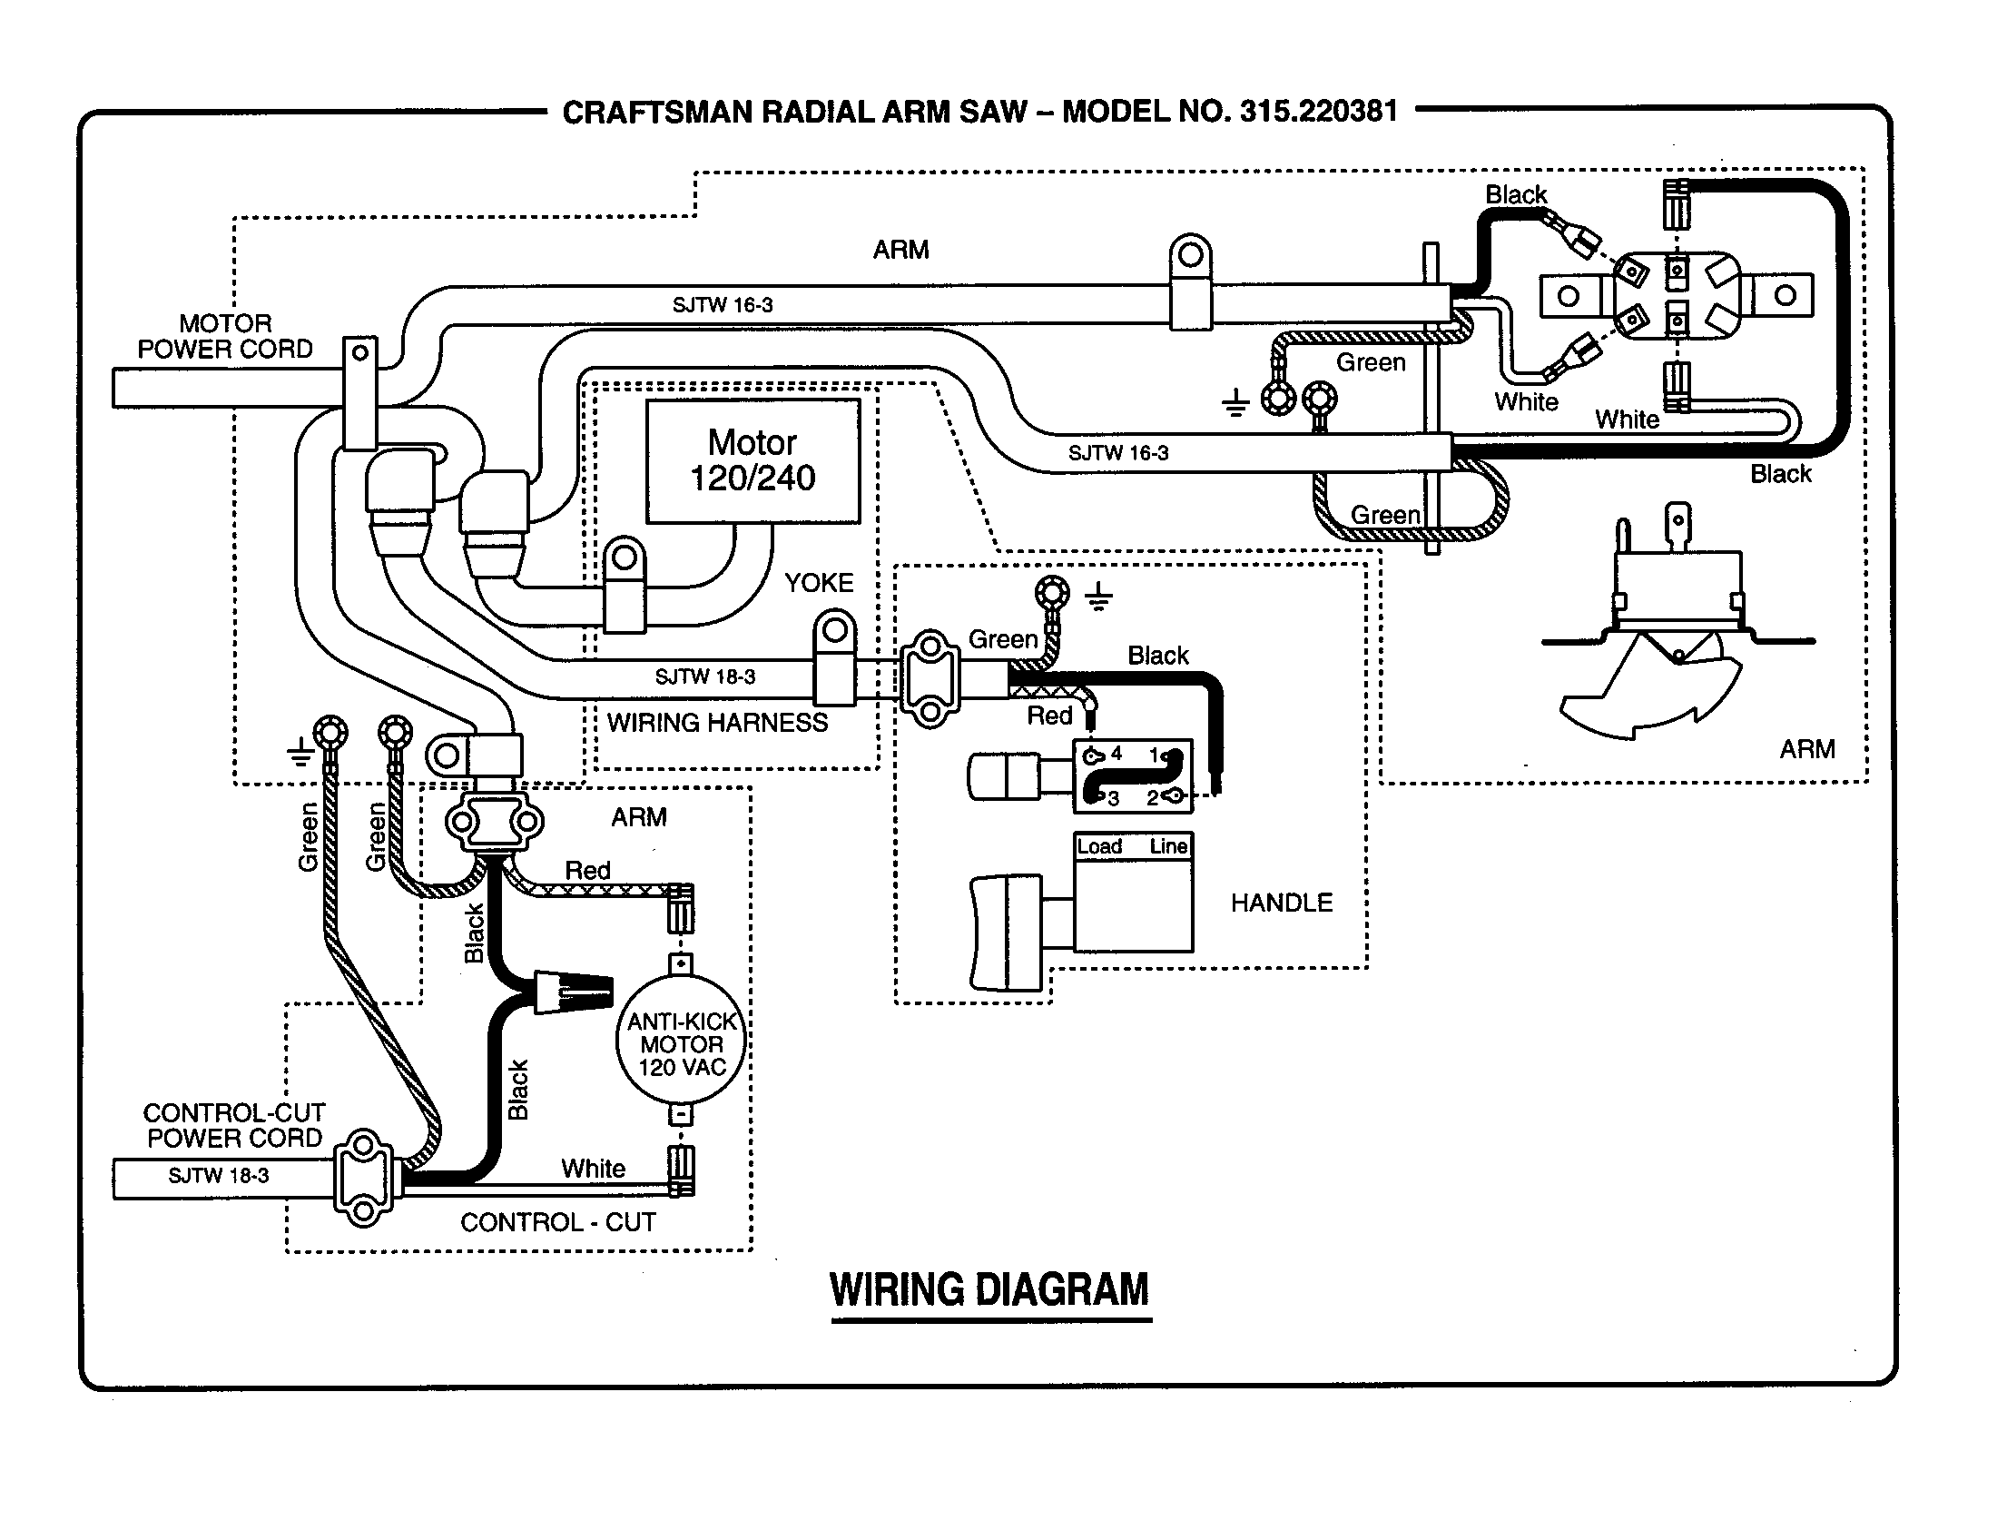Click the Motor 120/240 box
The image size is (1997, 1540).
click(753, 460)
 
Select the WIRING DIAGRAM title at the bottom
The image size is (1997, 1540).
click(989, 1289)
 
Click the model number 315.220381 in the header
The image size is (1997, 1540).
click(1318, 112)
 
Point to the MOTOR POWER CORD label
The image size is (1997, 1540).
click(225, 337)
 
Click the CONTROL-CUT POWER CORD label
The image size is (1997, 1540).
click(234, 1125)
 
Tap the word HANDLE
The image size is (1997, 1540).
click(1281, 903)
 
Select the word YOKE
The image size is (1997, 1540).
click(819, 583)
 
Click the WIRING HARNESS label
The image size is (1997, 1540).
click(717, 723)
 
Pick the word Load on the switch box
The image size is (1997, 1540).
click(1099, 847)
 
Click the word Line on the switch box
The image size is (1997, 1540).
click(1167, 847)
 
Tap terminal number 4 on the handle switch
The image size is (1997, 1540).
click(1116, 754)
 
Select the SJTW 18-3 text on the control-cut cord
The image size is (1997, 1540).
click(219, 1175)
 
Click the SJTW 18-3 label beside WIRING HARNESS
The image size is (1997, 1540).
click(705, 676)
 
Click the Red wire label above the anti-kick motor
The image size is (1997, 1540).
click(587, 870)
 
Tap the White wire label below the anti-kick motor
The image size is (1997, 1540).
click(593, 1168)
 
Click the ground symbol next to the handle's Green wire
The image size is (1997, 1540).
click(1098, 597)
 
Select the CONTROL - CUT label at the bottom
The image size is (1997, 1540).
click(557, 1222)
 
